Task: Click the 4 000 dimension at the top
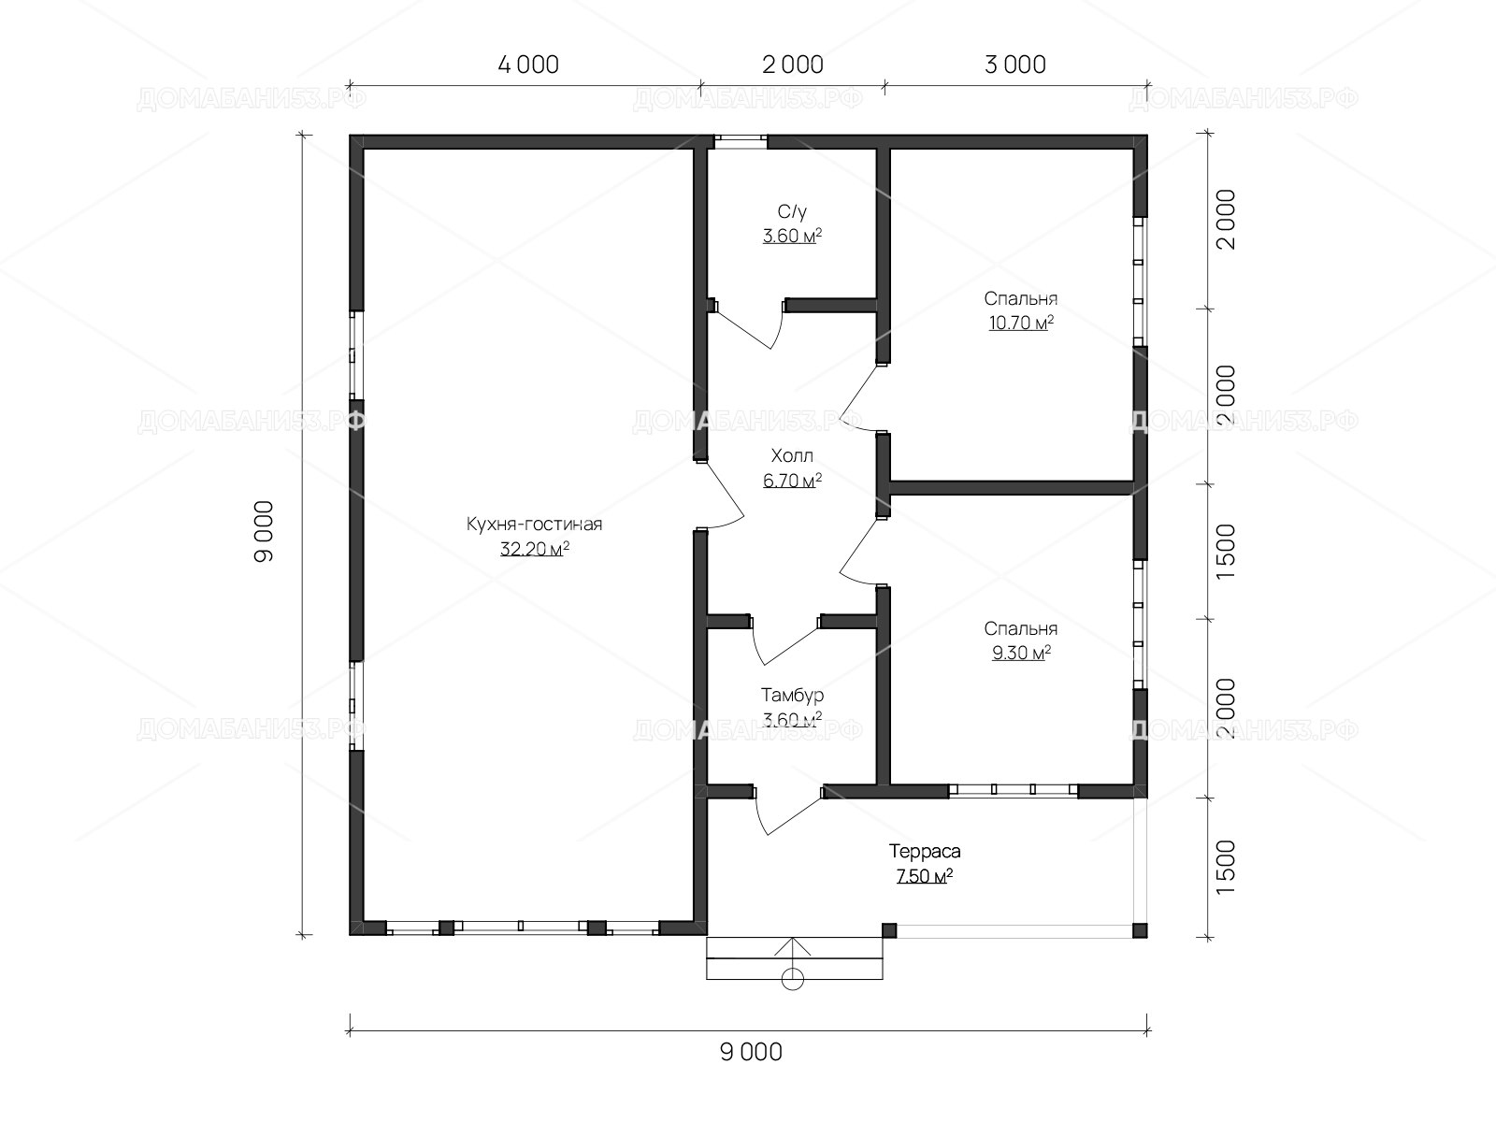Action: click(528, 65)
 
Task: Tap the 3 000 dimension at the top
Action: click(1015, 65)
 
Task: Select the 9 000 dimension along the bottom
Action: click(751, 1053)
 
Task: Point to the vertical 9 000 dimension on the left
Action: click(264, 531)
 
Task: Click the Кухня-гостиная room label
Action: click(534, 524)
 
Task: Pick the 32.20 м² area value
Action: click(534, 549)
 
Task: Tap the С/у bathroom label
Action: click(792, 212)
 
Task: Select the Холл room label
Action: click(792, 455)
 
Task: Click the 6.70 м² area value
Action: click(792, 481)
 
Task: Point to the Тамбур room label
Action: click(792, 695)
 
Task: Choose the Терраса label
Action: click(925, 851)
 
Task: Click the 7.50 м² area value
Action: click(925, 875)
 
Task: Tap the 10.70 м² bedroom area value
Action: click(1021, 323)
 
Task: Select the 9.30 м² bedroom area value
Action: click(1021, 653)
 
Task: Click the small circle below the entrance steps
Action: click(793, 980)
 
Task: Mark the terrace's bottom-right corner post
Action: click(1140, 930)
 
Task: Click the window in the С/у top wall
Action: click(741, 142)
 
